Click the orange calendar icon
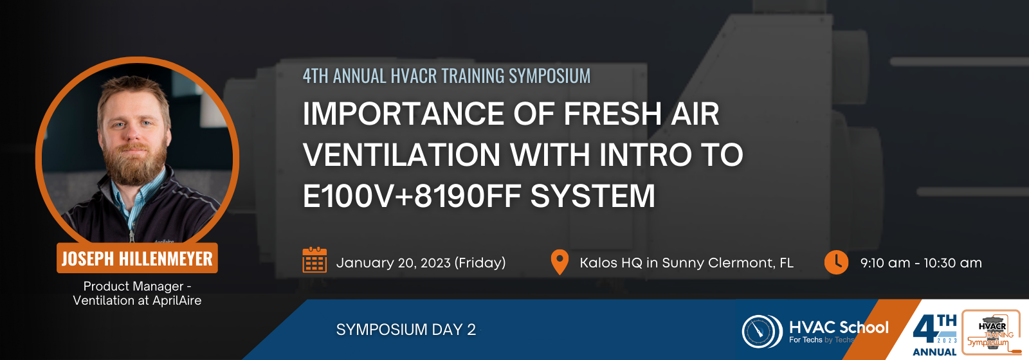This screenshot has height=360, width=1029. [314, 260]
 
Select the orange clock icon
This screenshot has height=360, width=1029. [836, 262]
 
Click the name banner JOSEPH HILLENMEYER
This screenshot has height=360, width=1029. [137, 258]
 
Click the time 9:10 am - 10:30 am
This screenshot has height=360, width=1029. [921, 263]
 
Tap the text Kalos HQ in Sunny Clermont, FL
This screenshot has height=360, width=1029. [686, 263]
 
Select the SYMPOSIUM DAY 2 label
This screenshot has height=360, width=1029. [406, 330]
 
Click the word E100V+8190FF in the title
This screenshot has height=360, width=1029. [412, 196]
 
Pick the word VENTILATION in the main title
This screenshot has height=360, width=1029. [401, 155]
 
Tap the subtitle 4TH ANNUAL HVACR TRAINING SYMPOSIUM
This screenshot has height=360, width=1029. [446, 76]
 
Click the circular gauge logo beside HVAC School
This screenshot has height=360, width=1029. [762, 331]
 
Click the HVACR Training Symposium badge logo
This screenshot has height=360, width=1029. [991, 332]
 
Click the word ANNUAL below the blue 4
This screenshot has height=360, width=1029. [934, 352]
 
